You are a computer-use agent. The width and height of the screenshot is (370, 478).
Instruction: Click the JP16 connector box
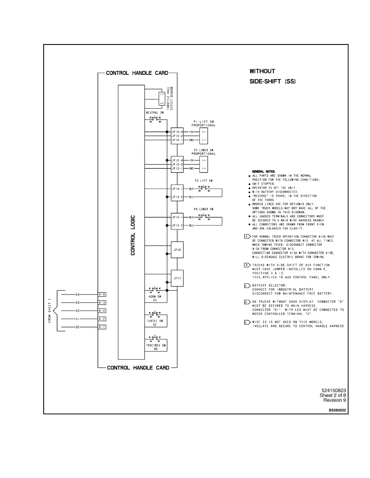177,250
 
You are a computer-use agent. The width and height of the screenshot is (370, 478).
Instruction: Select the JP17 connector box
177,278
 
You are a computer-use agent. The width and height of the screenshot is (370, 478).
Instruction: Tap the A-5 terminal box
102,295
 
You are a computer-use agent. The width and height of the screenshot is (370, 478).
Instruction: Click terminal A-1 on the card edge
102,327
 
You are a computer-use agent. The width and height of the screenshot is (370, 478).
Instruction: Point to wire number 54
77,295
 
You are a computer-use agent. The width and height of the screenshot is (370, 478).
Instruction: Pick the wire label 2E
77,327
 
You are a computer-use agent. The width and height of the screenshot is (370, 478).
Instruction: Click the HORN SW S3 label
155,298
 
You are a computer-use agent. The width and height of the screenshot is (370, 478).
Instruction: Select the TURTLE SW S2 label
155,323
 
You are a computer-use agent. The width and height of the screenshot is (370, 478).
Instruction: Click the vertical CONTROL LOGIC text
133,235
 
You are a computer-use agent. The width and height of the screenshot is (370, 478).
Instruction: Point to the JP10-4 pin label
177,132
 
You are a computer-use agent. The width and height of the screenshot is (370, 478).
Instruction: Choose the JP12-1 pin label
177,168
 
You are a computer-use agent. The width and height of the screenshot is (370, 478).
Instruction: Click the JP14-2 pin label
177,197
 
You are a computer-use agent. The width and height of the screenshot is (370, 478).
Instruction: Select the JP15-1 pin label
177,217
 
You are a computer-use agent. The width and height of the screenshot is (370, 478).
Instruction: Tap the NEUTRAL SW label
155,113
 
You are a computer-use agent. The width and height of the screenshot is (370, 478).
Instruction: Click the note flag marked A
247,236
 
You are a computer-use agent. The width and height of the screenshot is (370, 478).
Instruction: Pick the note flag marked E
247,322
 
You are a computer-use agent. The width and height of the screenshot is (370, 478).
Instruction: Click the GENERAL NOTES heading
264,171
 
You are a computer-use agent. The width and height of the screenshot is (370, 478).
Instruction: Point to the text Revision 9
334,400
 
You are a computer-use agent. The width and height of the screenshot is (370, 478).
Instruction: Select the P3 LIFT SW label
204,181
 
